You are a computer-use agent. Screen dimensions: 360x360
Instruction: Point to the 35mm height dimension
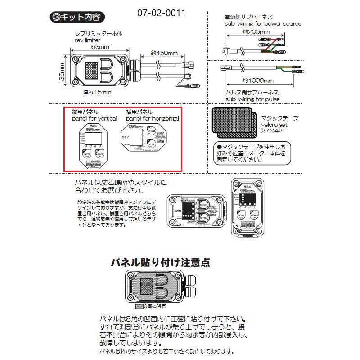coord(62,72)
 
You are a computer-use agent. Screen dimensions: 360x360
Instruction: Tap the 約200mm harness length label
coord(255,32)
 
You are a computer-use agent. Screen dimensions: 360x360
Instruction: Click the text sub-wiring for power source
coord(263,23)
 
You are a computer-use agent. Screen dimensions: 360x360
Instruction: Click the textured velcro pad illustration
coord(232,121)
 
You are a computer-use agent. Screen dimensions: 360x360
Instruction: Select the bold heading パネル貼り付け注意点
coord(161,262)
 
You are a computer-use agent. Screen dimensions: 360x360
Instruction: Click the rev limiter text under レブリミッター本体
coord(88,40)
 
